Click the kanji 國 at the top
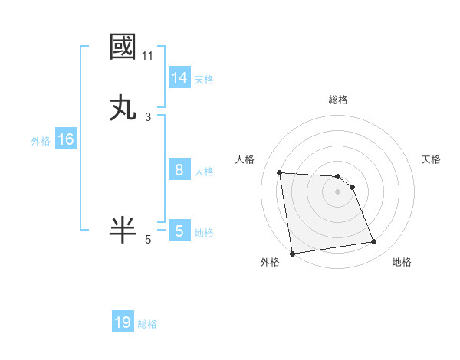point(124,47)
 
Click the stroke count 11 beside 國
point(148,55)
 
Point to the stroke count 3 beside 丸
point(148,116)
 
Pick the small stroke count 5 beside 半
point(148,239)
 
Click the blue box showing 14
point(179,78)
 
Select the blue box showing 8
point(179,170)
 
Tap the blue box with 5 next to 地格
point(179,231)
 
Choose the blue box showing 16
point(66,139)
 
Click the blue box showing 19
point(123,322)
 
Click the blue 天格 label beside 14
point(204,80)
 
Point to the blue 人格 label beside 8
point(204,172)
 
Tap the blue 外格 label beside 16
point(41,141)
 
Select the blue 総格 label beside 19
point(148,324)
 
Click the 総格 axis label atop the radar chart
point(338,100)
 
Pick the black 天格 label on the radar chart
point(431,159)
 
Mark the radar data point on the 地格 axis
point(374,242)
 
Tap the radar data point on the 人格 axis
point(280,172)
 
